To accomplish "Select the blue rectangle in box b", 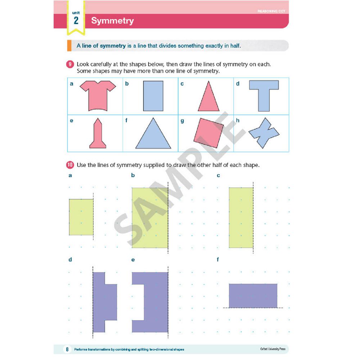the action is tap(153, 96).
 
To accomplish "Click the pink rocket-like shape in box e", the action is tap(98, 135).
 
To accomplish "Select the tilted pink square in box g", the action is tap(208, 133).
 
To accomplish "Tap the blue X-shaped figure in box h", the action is tap(264, 133).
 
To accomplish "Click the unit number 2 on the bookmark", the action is tap(76, 21).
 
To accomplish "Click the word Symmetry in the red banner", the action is tap(112, 21).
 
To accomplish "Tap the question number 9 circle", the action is tap(70, 64).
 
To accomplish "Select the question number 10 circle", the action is tap(70, 165).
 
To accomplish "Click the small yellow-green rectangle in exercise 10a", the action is tap(81, 217).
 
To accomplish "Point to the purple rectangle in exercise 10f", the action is tap(253, 296).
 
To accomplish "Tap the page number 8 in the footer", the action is tap(67, 349).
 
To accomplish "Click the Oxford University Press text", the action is tap(273, 349).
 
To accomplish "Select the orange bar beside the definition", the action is tap(69, 45).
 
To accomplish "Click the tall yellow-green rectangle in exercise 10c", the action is tap(241, 218).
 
